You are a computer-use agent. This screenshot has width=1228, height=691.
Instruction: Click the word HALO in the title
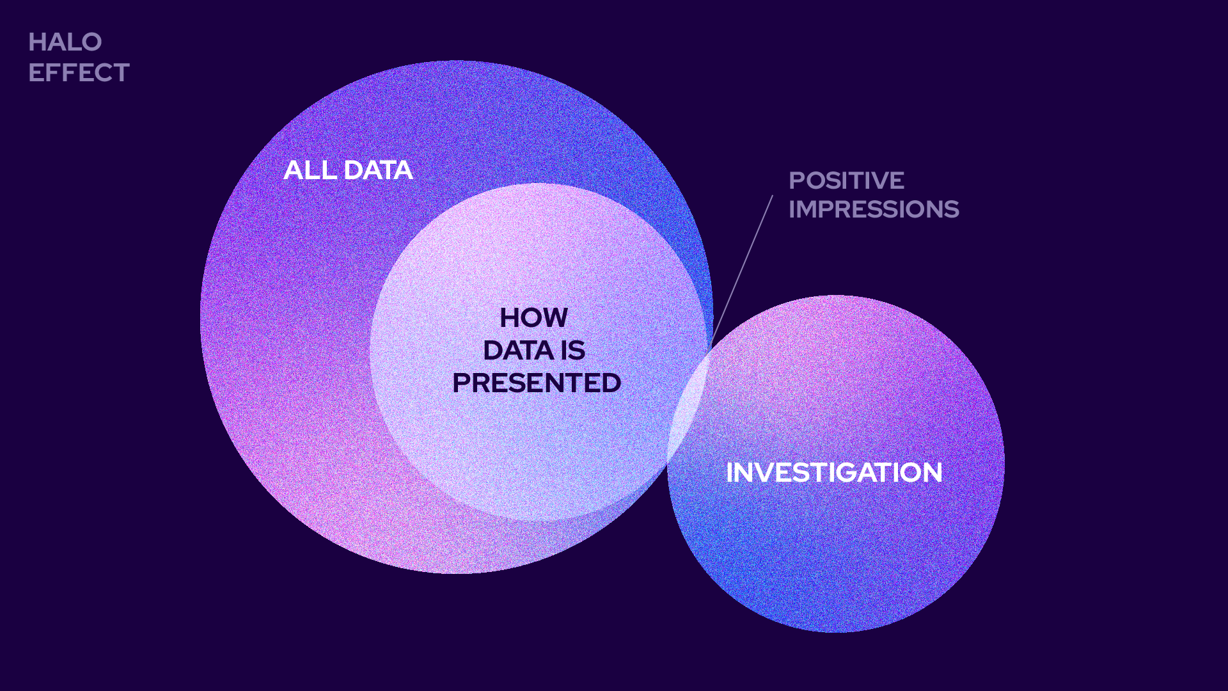tap(65, 42)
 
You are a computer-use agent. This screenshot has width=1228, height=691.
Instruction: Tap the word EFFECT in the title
tap(79, 73)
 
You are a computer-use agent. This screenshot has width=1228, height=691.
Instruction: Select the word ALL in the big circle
tap(310, 170)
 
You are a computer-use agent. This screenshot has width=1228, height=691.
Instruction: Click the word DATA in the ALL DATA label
tap(378, 170)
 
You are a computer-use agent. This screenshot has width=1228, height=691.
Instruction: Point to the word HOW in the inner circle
tap(533, 318)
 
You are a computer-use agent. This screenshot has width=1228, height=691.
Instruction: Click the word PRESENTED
tap(536, 383)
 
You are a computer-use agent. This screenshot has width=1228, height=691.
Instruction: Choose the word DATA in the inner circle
tap(518, 351)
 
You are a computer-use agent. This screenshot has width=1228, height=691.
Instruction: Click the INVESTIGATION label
tap(834, 473)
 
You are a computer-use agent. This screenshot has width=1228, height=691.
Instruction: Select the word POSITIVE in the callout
tap(846, 180)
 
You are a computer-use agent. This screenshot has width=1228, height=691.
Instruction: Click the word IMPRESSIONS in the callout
tap(874, 209)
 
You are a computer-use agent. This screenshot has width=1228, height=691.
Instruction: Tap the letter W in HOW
tap(554, 318)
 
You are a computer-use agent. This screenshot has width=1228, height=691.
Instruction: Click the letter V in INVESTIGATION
tap(761, 473)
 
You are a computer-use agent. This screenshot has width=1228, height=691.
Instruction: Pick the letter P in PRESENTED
tap(462, 383)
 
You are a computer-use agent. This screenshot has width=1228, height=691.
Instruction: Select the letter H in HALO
tap(36, 42)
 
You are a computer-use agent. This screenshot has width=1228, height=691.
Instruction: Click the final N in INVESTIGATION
tap(931, 473)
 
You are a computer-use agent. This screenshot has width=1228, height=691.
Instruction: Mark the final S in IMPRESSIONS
tap(951, 209)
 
